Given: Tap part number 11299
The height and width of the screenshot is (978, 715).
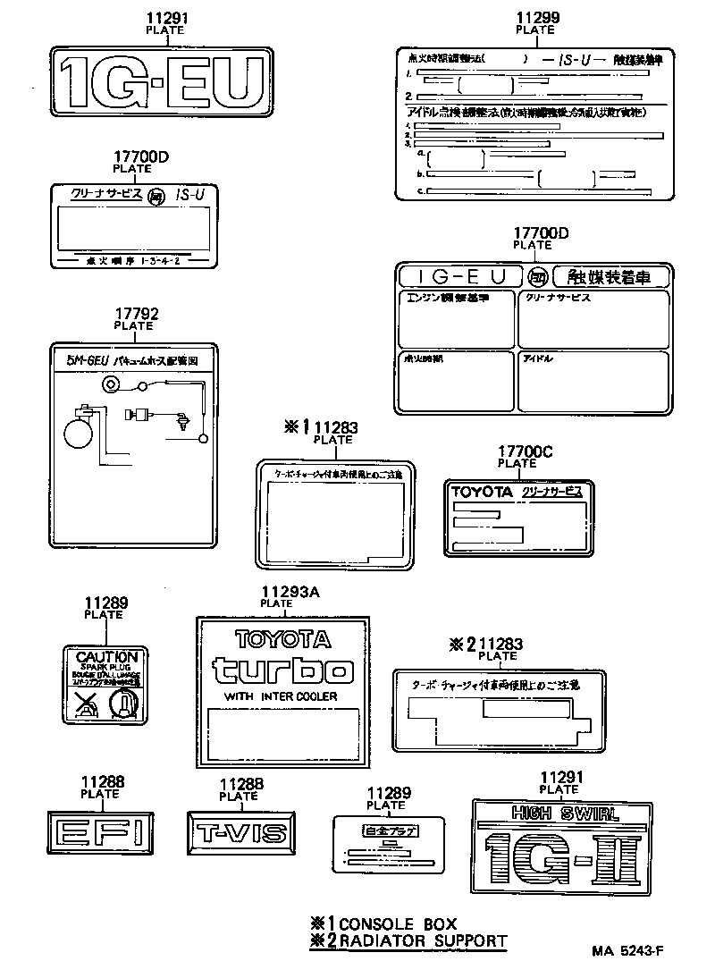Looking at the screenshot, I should coord(535,17).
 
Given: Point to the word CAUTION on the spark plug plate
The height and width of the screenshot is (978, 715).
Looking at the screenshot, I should coord(106,656).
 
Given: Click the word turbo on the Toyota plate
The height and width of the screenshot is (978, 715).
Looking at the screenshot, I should coord(282,670).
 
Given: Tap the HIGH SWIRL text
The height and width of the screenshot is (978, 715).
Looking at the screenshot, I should coord(558,814).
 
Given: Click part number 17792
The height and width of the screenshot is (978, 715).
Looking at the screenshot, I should coord(137,314).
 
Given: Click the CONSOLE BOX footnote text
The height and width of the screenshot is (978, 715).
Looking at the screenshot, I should coord(397,923).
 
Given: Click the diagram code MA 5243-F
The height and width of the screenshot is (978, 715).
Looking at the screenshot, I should coord(627,951).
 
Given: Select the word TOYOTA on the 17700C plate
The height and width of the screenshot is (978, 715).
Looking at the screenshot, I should coord(481,492).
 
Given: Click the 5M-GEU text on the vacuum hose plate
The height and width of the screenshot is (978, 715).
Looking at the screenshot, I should coord(88,360).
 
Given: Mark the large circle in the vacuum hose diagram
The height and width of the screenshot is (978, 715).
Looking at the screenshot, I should coord(78,434).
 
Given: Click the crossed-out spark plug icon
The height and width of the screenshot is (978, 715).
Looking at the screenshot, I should coord(86,704).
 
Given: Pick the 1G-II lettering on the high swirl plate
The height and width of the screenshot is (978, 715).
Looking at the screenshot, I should coord(559,856).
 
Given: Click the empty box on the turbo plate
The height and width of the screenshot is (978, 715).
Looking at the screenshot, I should coord(282,732).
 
